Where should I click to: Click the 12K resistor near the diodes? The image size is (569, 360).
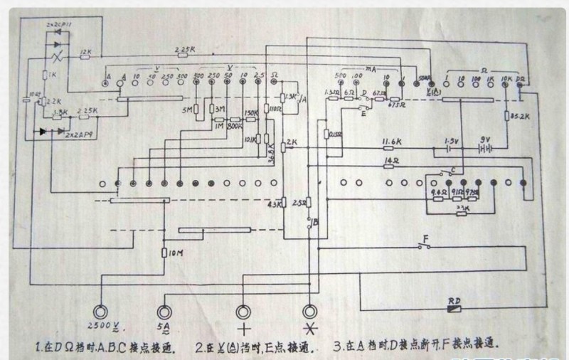(x=86, y=57)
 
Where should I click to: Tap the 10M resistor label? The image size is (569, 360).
(x=174, y=253)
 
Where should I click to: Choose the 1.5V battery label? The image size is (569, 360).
(x=452, y=141)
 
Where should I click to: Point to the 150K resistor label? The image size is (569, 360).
(x=250, y=112)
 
